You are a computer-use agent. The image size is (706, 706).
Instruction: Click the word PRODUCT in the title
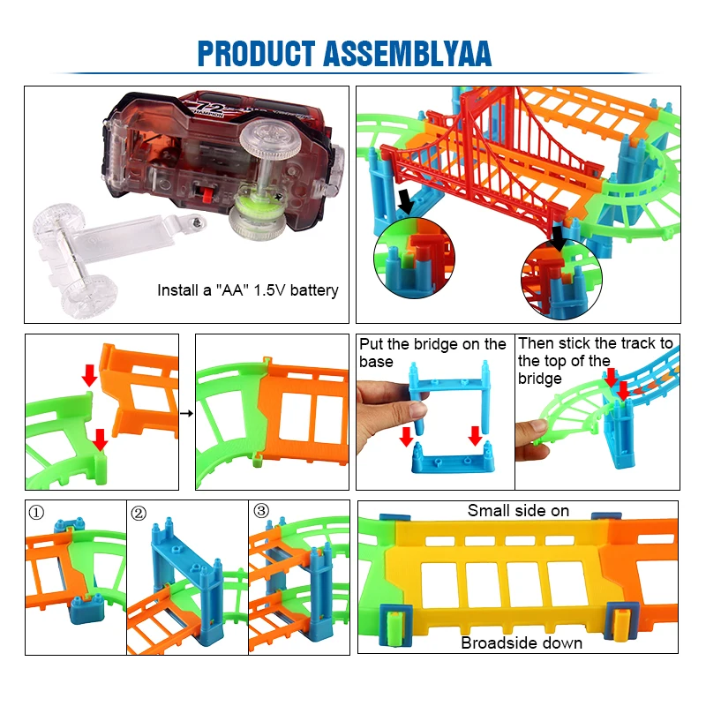[254, 53]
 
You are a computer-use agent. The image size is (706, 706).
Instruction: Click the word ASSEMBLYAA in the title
[409, 53]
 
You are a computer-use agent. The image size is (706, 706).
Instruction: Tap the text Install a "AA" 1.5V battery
[247, 289]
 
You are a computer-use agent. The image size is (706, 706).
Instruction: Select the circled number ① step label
[35, 512]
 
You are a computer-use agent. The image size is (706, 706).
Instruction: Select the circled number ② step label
[138, 512]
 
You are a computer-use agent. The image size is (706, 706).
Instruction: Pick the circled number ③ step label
[260, 511]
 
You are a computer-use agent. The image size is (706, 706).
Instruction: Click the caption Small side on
[518, 510]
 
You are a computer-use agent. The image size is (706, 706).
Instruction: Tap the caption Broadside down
[522, 642]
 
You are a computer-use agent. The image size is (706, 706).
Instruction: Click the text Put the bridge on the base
[432, 352]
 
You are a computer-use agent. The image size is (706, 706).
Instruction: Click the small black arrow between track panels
[187, 410]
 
